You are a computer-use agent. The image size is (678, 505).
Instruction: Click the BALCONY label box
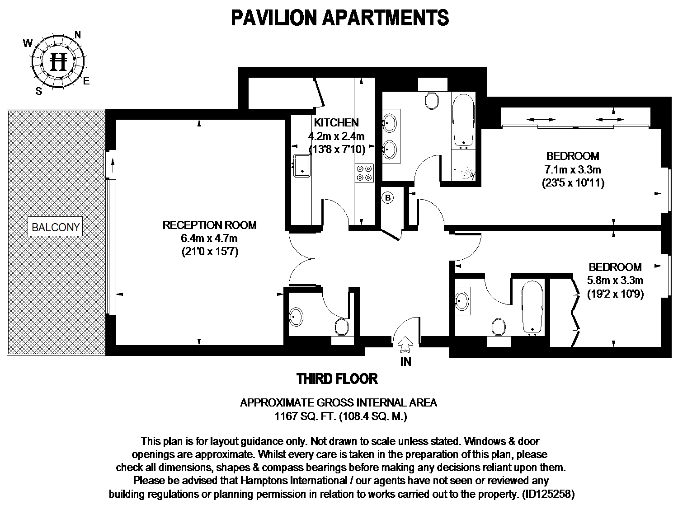56,227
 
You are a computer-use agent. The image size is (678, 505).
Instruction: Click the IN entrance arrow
405,346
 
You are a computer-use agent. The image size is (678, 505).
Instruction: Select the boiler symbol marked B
388,197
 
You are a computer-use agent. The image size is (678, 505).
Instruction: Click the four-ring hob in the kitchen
364,173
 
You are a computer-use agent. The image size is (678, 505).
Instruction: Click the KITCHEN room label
336,122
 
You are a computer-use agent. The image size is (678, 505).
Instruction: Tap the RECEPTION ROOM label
209,225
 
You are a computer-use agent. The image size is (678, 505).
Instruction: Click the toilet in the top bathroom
433,100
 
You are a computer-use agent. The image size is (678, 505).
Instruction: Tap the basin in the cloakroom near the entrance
296,317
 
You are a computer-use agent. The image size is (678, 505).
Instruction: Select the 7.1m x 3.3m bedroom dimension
572,170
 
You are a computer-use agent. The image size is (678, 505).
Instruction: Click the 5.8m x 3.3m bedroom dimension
615,281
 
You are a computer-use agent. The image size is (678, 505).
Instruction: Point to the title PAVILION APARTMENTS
339,18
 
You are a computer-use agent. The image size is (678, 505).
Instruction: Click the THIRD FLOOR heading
337,379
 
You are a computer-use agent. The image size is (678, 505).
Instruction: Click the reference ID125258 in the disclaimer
547,494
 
